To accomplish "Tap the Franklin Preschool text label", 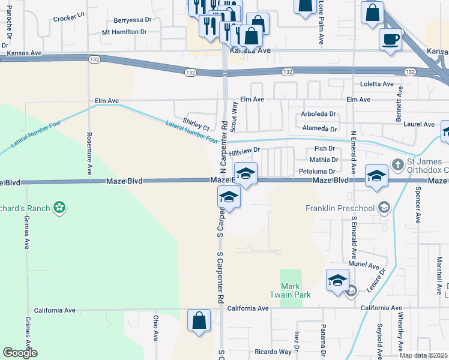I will coord(340,208).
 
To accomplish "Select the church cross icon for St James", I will coord(397,164).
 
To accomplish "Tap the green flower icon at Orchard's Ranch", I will coord(59,208).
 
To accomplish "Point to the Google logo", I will coord(20,353).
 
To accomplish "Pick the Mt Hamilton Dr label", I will coord(124,32).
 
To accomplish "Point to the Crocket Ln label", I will coord(70,19).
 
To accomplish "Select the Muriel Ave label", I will coord(364,265).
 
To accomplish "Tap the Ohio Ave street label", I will coord(155,328).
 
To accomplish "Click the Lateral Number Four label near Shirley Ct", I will coord(191,130).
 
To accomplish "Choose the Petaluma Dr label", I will coord(316,171).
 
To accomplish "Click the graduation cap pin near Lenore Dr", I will coord(337,280).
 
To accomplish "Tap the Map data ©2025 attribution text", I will coord(423,355).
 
